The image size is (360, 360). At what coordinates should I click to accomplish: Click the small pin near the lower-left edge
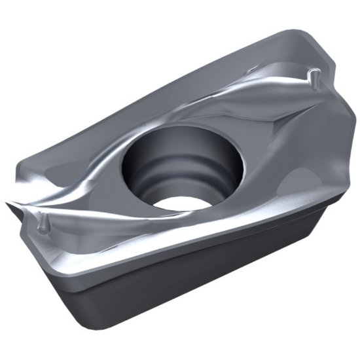click(43, 223)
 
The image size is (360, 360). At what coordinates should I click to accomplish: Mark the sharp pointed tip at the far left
click(8, 204)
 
